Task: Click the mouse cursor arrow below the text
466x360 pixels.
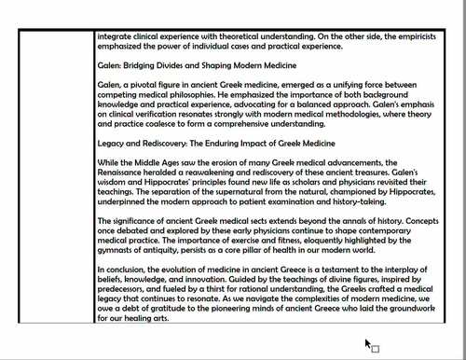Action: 368,344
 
